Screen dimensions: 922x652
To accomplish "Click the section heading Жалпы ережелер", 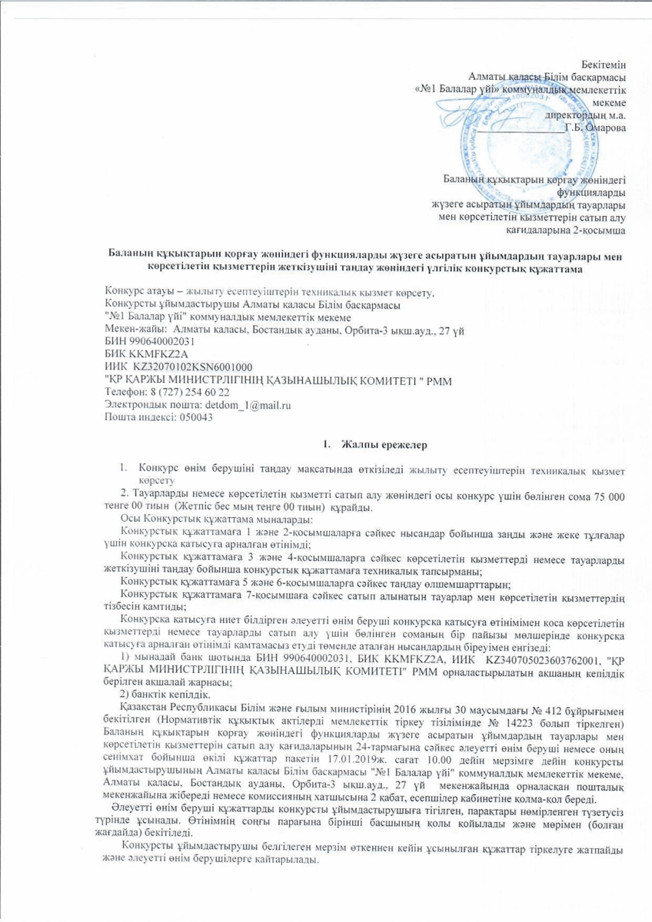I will pos(381,446).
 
